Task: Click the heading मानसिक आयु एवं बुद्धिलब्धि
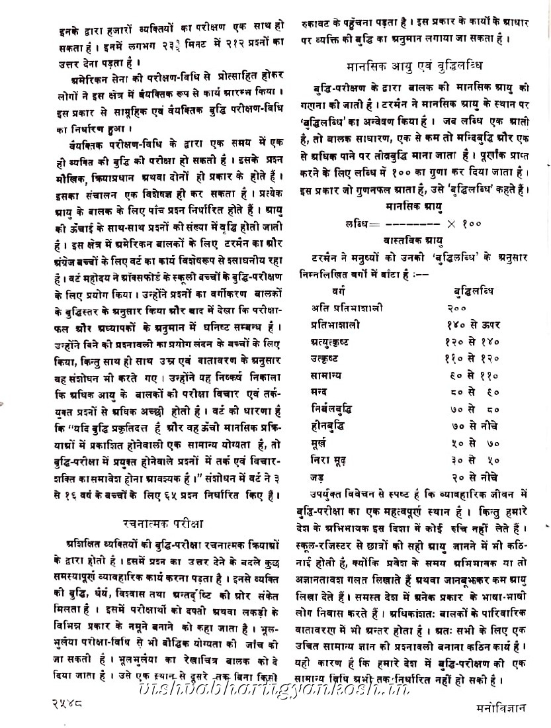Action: click(x=413, y=66)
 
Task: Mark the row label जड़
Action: click(x=318, y=477)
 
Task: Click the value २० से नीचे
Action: click(x=472, y=477)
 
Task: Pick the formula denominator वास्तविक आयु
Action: click(x=413, y=239)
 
